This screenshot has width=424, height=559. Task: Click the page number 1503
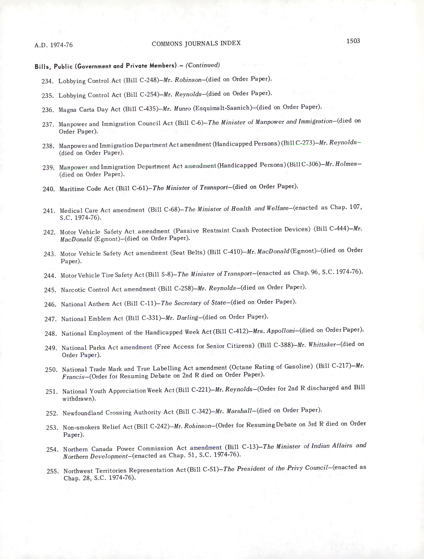click(353, 41)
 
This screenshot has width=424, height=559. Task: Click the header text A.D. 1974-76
click(54, 45)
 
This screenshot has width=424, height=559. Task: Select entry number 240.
click(49, 189)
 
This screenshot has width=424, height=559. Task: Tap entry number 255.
click(53, 471)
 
